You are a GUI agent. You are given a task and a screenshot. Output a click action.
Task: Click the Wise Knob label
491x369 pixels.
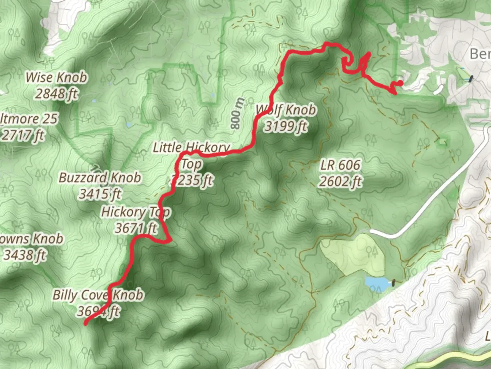coord(56,78)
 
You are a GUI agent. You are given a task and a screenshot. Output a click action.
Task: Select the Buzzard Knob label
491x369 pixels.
coord(100,178)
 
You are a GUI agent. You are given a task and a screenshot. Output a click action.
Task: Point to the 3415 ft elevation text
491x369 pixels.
coord(100,194)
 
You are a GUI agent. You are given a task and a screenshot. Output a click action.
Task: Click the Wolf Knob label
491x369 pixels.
coord(286,110)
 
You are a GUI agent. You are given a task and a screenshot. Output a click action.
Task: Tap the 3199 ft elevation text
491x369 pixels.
coord(286,126)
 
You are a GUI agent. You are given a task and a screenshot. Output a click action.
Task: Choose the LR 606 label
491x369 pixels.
coord(340,165)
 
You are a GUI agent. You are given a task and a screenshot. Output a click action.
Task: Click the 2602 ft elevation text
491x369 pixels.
coord(340,181)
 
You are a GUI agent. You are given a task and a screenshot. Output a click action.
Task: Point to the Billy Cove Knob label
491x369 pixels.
coord(98,295)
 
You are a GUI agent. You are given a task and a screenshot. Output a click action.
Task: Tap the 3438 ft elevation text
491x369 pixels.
coord(25,255)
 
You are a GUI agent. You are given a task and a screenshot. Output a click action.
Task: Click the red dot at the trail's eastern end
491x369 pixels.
coord(401,83)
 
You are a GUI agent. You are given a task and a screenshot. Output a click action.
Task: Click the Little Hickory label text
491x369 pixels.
coord(191,148)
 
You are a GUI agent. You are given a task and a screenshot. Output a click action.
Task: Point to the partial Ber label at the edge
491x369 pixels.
coord(480,54)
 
